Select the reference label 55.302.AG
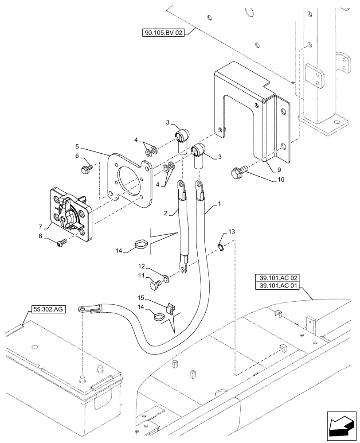click(48, 309)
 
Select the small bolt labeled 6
click(86, 169)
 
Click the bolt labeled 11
click(156, 283)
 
